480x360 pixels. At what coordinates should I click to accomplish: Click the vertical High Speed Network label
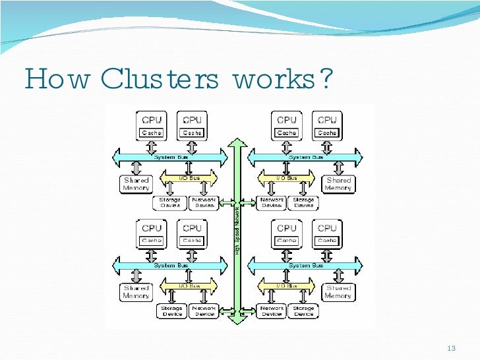(x=237, y=229)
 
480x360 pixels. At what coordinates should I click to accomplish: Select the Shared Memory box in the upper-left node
(x=136, y=184)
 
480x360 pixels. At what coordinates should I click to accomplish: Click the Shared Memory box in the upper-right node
(x=338, y=184)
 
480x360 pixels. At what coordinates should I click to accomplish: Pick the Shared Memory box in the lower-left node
(x=136, y=292)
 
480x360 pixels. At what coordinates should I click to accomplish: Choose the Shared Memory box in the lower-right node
(x=338, y=292)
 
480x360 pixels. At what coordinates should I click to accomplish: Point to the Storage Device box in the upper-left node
(x=171, y=203)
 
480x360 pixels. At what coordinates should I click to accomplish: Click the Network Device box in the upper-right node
(x=272, y=203)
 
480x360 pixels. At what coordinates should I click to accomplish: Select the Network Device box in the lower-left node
(x=204, y=311)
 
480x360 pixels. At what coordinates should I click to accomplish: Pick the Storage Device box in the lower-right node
(x=304, y=311)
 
